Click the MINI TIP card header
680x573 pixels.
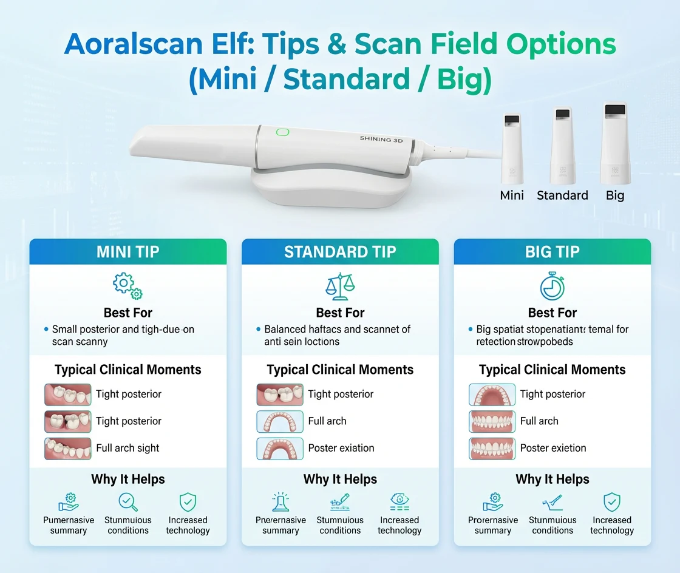pos(127,252)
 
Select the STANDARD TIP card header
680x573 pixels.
pos(340,252)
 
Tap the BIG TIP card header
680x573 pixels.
pos(552,252)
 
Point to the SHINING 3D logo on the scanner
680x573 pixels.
pos(381,139)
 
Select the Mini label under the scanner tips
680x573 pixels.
pos(512,195)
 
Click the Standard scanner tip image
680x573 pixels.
pos(562,146)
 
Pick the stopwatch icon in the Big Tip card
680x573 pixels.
pos(552,286)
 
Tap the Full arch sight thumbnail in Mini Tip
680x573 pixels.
pos(68,449)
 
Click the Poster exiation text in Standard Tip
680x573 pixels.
pos(341,448)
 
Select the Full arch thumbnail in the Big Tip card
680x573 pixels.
pos(492,421)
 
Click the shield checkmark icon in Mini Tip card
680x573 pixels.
pos(188,502)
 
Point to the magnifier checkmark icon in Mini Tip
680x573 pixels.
pos(128,502)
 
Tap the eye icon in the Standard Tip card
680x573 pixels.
pos(399,502)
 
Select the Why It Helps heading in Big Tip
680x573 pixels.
pos(552,480)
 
